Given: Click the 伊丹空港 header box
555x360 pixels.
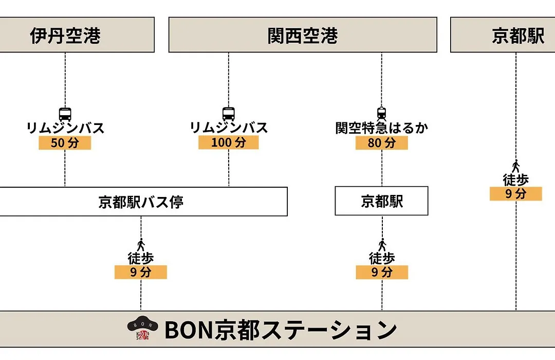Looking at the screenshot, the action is tap(77, 35).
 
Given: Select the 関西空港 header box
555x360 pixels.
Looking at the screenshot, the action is tap(303, 35).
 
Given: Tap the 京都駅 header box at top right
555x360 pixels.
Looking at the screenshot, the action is tap(503, 35).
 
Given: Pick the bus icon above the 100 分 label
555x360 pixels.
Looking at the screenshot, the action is tap(229, 114).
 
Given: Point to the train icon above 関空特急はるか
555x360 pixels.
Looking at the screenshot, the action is tap(381, 114).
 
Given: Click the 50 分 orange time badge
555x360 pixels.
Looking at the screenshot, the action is tap(65, 143).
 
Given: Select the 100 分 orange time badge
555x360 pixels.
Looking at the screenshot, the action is tap(229, 142).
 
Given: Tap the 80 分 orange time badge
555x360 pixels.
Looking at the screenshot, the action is tap(381, 143).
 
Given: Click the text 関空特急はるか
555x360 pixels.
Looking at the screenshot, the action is tap(381, 128).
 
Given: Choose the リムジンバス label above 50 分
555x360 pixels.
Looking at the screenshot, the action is tap(65, 128).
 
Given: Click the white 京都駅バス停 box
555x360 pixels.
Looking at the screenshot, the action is tap(143, 202).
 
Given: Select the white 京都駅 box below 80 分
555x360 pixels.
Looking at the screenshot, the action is tap(381, 201).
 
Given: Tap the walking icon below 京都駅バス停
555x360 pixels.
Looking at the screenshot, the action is tap(141, 245).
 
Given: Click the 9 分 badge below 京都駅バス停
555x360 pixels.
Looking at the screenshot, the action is tap(140, 272).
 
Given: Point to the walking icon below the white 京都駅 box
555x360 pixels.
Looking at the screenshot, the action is tap(382, 245).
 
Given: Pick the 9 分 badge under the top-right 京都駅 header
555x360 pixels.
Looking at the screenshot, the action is tap(516, 194).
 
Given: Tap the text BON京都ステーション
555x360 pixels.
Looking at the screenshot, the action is tap(281, 330).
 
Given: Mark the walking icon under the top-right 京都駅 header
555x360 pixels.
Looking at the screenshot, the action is tap(516, 167).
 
